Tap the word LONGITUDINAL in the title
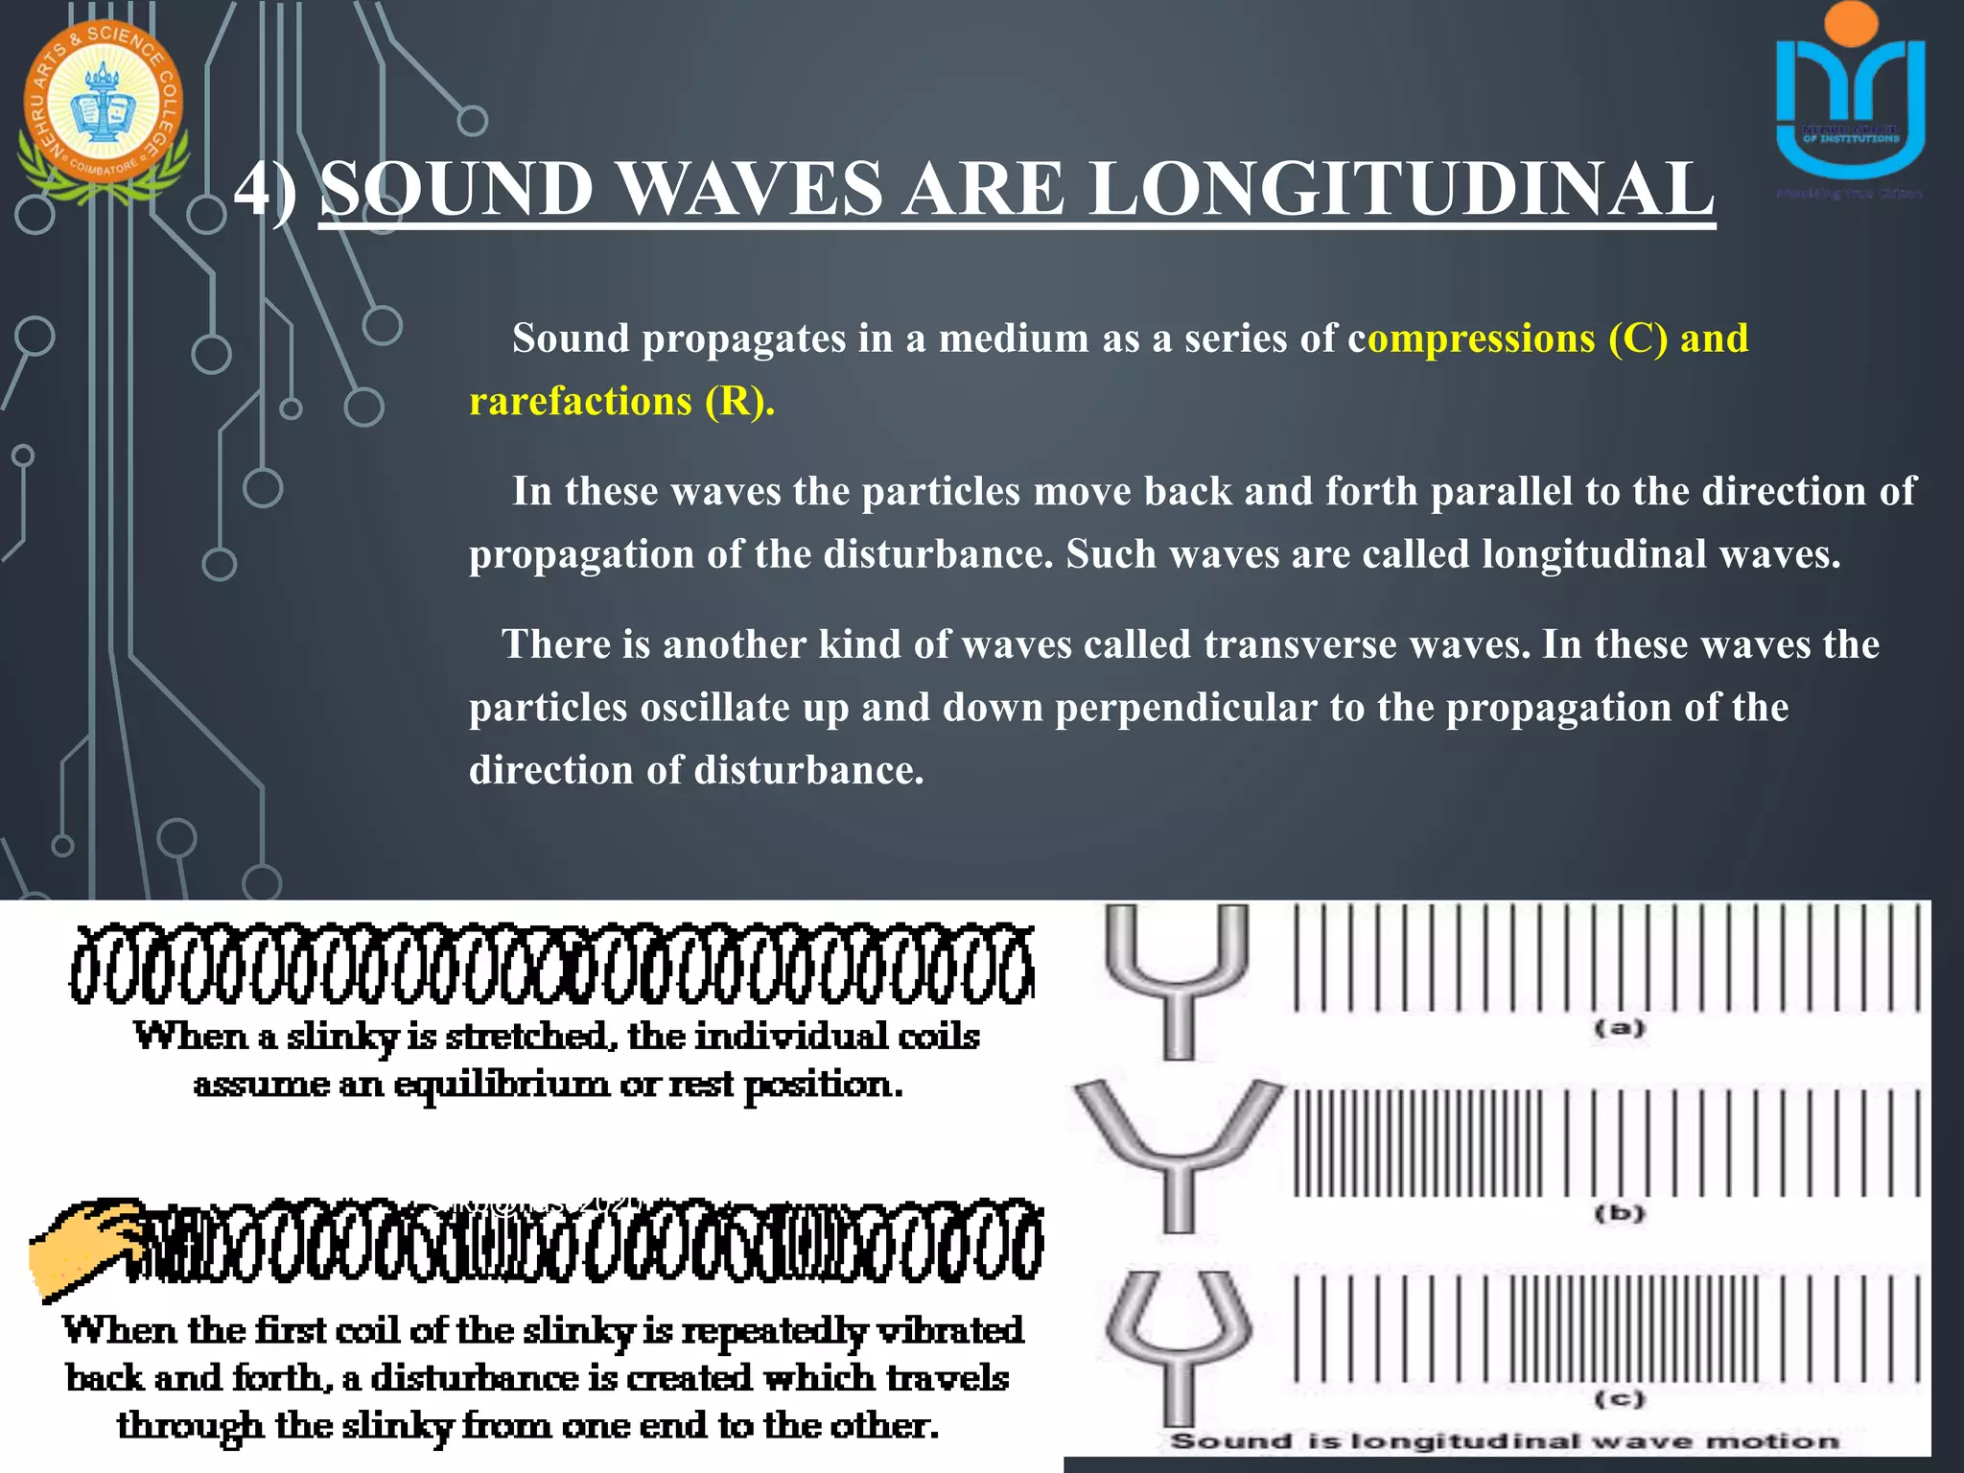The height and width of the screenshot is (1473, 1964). click(1401, 189)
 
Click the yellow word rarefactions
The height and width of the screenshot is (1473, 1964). click(579, 401)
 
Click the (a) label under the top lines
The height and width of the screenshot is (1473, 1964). click(1619, 1029)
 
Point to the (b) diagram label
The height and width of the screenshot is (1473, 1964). click(1619, 1213)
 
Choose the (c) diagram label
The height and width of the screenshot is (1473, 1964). click(1619, 1399)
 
